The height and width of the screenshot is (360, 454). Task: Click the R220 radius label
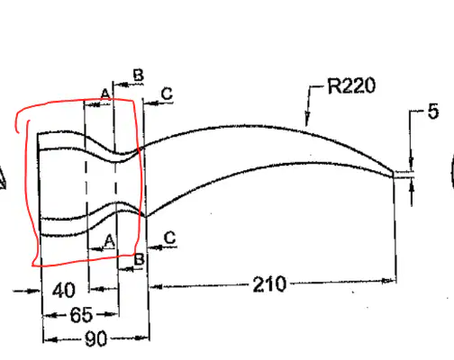[351, 85]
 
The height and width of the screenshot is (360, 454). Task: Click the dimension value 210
[269, 284]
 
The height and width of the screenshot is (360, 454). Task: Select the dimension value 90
[95, 338]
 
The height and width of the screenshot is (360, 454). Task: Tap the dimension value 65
[81, 315]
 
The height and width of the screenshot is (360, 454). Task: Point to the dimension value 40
[64, 290]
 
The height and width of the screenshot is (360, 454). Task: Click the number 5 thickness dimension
[432, 112]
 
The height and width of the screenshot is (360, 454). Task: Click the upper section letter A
[105, 94]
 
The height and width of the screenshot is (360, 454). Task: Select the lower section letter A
[109, 241]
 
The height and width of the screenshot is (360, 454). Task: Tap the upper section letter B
[139, 75]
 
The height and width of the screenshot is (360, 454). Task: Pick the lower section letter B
[140, 259]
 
